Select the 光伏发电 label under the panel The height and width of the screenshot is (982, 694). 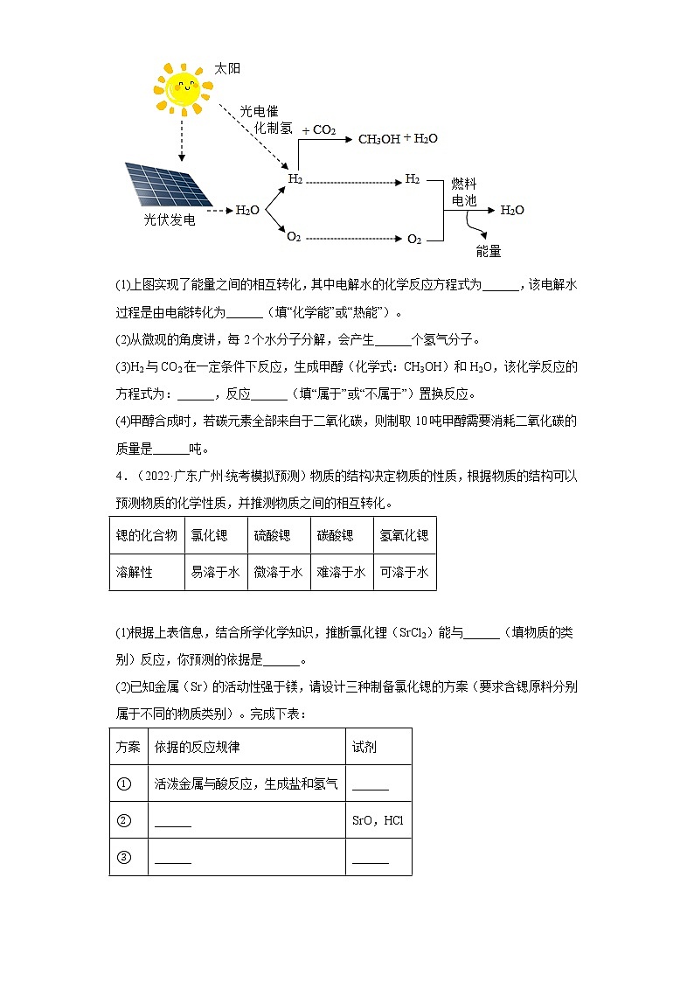coord(170,220)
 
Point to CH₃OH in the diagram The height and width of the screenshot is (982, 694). coord(378,139)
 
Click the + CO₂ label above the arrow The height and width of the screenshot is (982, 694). coord(318,130)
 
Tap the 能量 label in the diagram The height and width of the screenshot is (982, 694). coord(489,251)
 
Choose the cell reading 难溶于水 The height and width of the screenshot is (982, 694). coord(341,572)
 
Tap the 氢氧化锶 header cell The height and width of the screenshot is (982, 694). coord(404,535)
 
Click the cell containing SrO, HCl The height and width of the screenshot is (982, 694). coord(378,820)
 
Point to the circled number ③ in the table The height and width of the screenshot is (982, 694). coord(123,857)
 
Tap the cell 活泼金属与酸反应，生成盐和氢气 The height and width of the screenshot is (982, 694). coord(246,784)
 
